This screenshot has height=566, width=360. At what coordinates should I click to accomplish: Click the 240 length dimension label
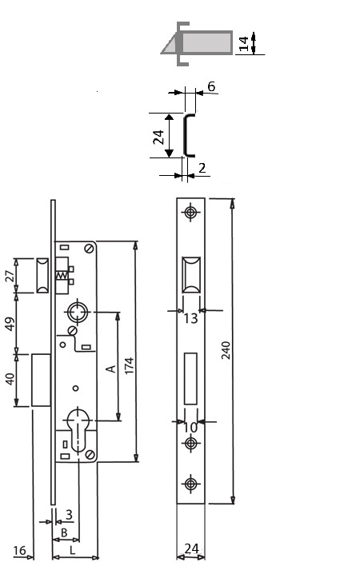pos(226,350)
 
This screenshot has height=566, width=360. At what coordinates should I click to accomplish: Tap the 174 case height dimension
pos(130,365)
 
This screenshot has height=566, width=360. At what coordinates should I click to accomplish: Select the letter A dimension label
pos(111,369)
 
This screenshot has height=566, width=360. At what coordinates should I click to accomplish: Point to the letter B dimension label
pos(64,532)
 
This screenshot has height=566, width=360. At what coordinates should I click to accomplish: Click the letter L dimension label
pos(72,550)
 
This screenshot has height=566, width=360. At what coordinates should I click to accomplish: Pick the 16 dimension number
pos(19,551)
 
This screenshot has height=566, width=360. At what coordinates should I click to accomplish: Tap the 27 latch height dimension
pos(10,276)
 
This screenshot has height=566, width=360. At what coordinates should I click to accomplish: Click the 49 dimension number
pos(10,324)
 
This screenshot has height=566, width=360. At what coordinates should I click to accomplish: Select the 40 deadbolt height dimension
pos(10,379)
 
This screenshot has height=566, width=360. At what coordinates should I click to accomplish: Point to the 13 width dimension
pos(190,318)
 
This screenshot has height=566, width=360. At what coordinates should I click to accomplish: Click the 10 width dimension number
pos(190,428)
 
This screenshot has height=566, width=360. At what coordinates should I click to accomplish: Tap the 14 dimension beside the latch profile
pos(244,43)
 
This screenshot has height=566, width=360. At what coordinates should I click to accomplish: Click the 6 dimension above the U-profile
pos(211,86)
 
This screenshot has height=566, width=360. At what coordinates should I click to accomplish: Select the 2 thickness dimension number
pos(202,168)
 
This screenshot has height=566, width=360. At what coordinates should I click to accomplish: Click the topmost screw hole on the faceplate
pos(190,212)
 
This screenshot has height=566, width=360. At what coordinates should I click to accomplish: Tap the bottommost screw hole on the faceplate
pos(190,484)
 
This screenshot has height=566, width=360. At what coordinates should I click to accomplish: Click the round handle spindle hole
pos(77,312)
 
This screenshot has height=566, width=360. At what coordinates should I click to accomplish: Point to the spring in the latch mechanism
pos(62,276)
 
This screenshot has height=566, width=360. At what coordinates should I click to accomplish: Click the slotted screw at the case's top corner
pos(89,249)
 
